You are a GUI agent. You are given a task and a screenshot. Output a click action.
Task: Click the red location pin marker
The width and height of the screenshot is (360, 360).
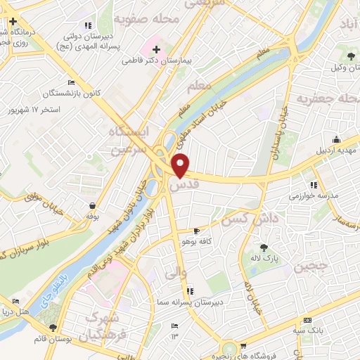pos(181,165)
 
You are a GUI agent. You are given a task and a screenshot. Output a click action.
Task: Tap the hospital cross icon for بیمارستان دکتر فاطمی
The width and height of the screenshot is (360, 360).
pos(155,49)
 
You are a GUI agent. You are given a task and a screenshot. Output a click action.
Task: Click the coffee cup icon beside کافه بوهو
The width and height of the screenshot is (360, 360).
pos(197,230)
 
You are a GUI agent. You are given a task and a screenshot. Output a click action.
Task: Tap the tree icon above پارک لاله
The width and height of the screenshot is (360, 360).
pos(264,247)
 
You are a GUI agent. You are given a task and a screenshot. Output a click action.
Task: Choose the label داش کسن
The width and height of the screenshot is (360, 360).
pos(250,219)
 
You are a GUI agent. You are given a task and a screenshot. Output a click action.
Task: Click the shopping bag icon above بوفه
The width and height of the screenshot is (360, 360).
pos(92,206)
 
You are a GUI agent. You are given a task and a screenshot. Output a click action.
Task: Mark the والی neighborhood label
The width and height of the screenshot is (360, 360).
pos(174,271)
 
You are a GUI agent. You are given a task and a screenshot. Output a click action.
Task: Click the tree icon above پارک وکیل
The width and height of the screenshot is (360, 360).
pos(349,54)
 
